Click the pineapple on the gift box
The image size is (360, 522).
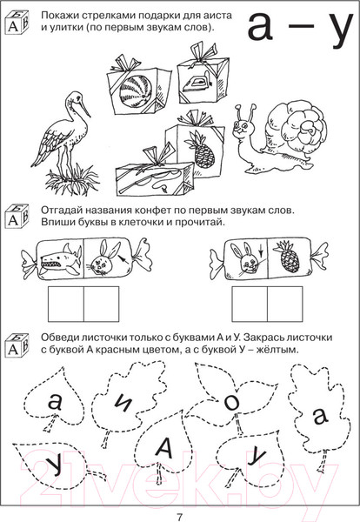[202, 149]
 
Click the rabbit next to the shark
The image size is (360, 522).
[104, 258]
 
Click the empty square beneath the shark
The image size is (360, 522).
[66, 304]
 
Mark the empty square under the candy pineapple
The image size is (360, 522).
[285, 304]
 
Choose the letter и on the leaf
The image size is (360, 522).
[123, 405]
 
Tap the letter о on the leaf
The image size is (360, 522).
[231, 403]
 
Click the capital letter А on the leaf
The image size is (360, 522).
[163, 447]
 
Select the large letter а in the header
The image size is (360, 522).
[260, 27]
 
